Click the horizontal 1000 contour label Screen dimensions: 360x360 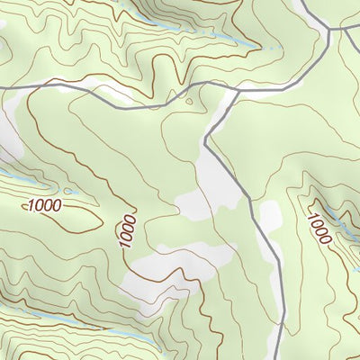[45, 206]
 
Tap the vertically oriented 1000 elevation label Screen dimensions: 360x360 [127, 231]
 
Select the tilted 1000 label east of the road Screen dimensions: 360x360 [319, 229]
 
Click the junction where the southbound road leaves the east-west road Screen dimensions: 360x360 [236, 88]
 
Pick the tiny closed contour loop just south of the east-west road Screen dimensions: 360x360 [190, 101]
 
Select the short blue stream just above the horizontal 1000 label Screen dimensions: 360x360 [11, 174]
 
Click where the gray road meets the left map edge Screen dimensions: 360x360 [1, 86]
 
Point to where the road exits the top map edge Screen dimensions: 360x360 [301, 1]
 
